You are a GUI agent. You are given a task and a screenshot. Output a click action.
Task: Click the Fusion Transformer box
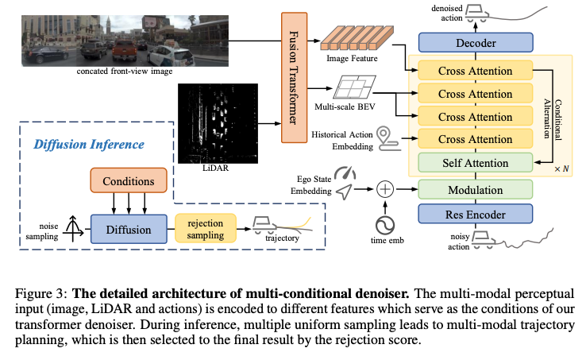[x=293, y=77]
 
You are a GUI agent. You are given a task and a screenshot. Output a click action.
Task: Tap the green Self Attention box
[x=475, y=163]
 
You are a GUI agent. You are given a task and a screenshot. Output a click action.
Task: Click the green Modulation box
[x=475, y=190]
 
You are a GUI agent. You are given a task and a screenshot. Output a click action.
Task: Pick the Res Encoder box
[x=475, y=215]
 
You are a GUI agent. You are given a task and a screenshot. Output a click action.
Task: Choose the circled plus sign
[x=385, y=189]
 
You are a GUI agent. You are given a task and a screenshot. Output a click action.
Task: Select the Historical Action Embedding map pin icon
[x=384, y=134]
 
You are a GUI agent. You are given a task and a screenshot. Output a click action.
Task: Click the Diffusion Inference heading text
[x=89, y=145]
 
